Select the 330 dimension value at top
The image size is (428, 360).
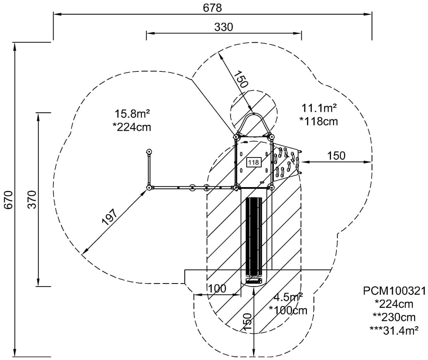224,27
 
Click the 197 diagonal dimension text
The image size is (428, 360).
110,217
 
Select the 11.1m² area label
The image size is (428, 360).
319,108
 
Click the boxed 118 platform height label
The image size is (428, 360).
254,162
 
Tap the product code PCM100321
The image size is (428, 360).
394,291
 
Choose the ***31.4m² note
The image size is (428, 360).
394,330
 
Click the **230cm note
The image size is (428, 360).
394,317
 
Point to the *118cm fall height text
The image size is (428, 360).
319,121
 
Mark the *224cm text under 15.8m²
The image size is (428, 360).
132,127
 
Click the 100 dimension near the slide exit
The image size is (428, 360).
217,288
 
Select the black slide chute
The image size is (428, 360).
254,237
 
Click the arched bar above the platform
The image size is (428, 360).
253,124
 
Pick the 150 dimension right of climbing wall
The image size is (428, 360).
336,156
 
